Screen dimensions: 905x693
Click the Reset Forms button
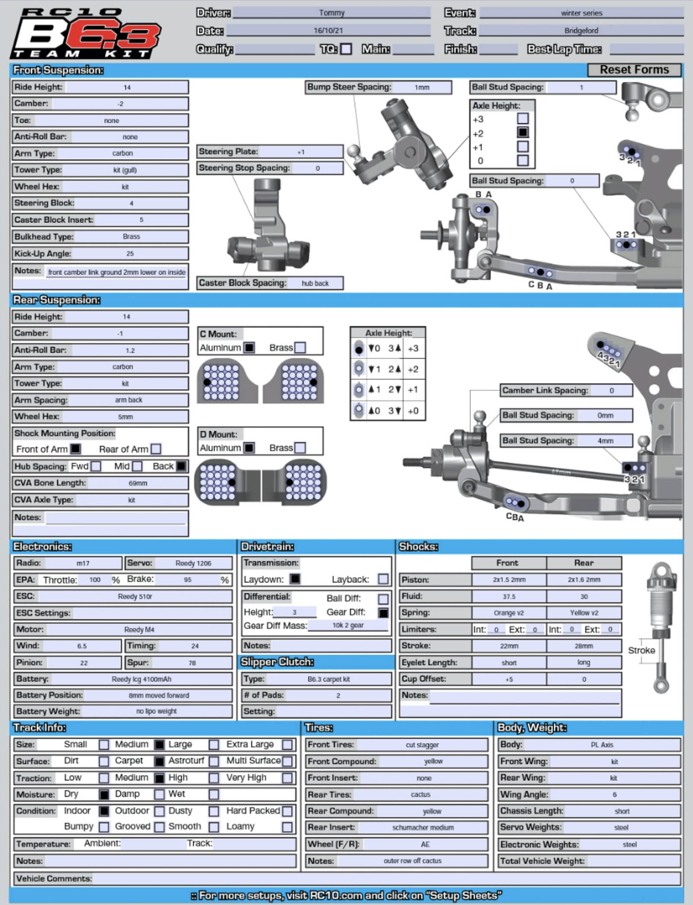(x=634, y=70)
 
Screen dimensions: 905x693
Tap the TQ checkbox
(x=346, y=49)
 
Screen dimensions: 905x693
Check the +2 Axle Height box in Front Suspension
(x=523, y=133)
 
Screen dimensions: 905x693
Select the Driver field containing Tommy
(x=332, y=13)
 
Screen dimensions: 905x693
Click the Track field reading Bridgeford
(x=581, y=31)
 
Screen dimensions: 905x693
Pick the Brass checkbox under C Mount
(x=300, y=348)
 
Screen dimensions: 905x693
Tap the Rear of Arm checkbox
(x=156, y=449)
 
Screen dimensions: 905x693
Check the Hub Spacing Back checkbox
(x=181, y=466)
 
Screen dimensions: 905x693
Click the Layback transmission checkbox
(x=383, y=579)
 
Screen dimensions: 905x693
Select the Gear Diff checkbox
(x=383, y=613)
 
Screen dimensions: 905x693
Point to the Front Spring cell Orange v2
(x=509, y=613)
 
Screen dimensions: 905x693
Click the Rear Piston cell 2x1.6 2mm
(x=584, y=580)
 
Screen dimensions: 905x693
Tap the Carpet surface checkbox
(x=159, y=761)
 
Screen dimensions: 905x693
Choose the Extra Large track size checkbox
(x=287, y=745)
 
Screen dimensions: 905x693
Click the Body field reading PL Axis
(x=602, y=745)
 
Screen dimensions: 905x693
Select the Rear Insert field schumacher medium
(x=423, y=827)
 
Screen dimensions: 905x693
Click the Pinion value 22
(x=84, y=663)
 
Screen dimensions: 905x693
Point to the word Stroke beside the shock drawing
(x=641, y=650)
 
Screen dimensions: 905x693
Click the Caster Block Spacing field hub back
(x=315, y=283)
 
